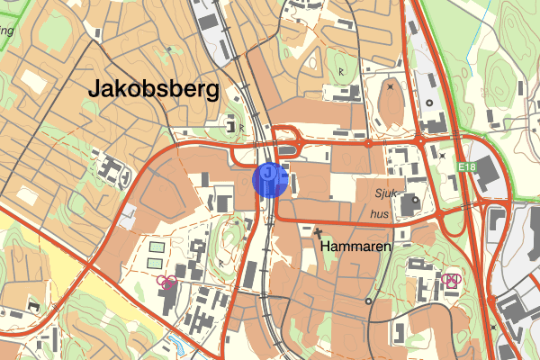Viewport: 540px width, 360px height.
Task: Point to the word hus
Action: pyautogui.click(x=381, y=214)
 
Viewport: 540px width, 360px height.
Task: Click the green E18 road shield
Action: pyautogui.click(x=465, y=167)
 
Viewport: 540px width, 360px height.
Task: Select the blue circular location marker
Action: pyautogui.click(x=270, y=178)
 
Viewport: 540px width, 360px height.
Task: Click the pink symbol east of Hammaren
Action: pyautogui.click(x=451, y=280)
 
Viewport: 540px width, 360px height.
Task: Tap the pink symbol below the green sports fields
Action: pyautogui.click(x=166, y=282)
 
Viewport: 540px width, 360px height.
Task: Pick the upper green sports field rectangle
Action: pyautogui.click(x=157, y=247)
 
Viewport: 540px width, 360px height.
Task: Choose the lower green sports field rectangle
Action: pyautogui.click(x=157, y=263)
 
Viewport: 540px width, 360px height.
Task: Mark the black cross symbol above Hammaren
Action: pyautogui.click(x=317, y=232)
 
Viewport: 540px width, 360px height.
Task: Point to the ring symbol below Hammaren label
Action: pyautogui.click(x=368, y=301)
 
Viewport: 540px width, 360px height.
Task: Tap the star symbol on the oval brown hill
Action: pyautogui.click(x=390, y=87)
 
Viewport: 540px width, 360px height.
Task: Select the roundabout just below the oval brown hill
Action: pyautogui.click(x=369, y=142)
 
